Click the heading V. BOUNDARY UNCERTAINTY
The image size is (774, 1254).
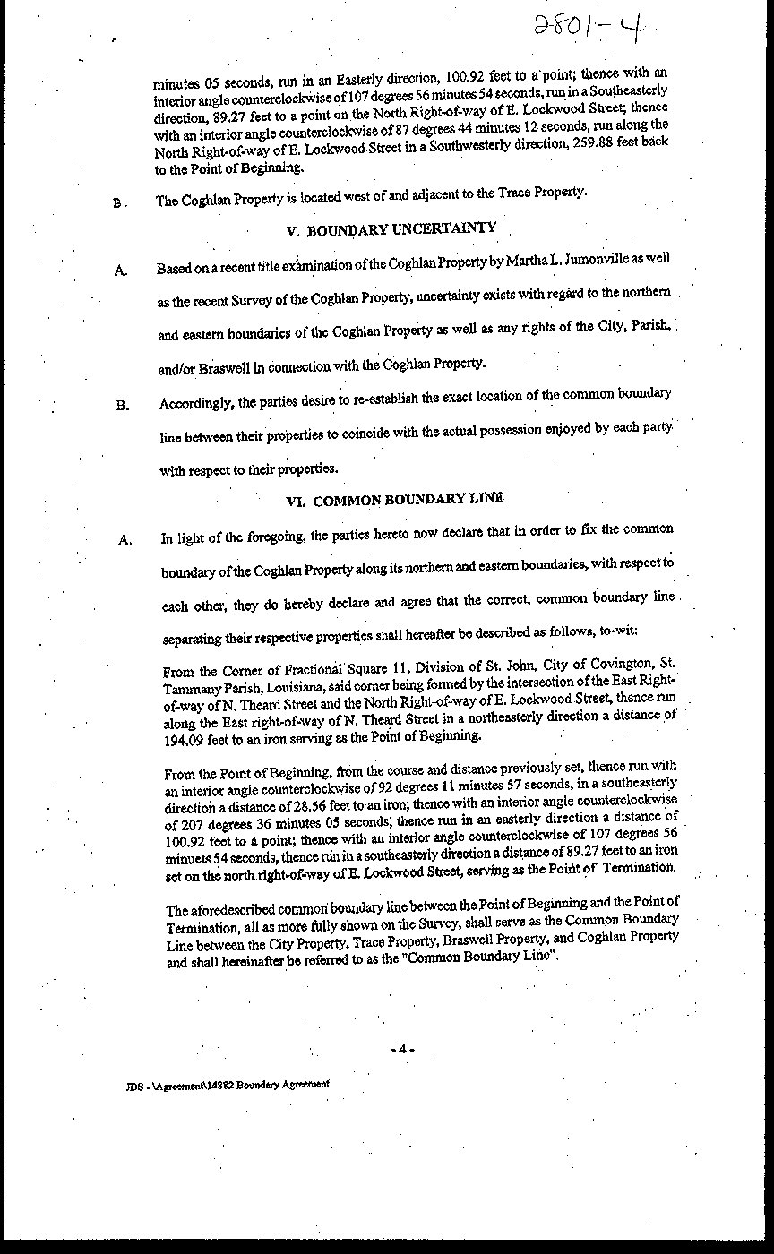pos(391,229)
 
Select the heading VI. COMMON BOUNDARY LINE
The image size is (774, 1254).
pos(394,500)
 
